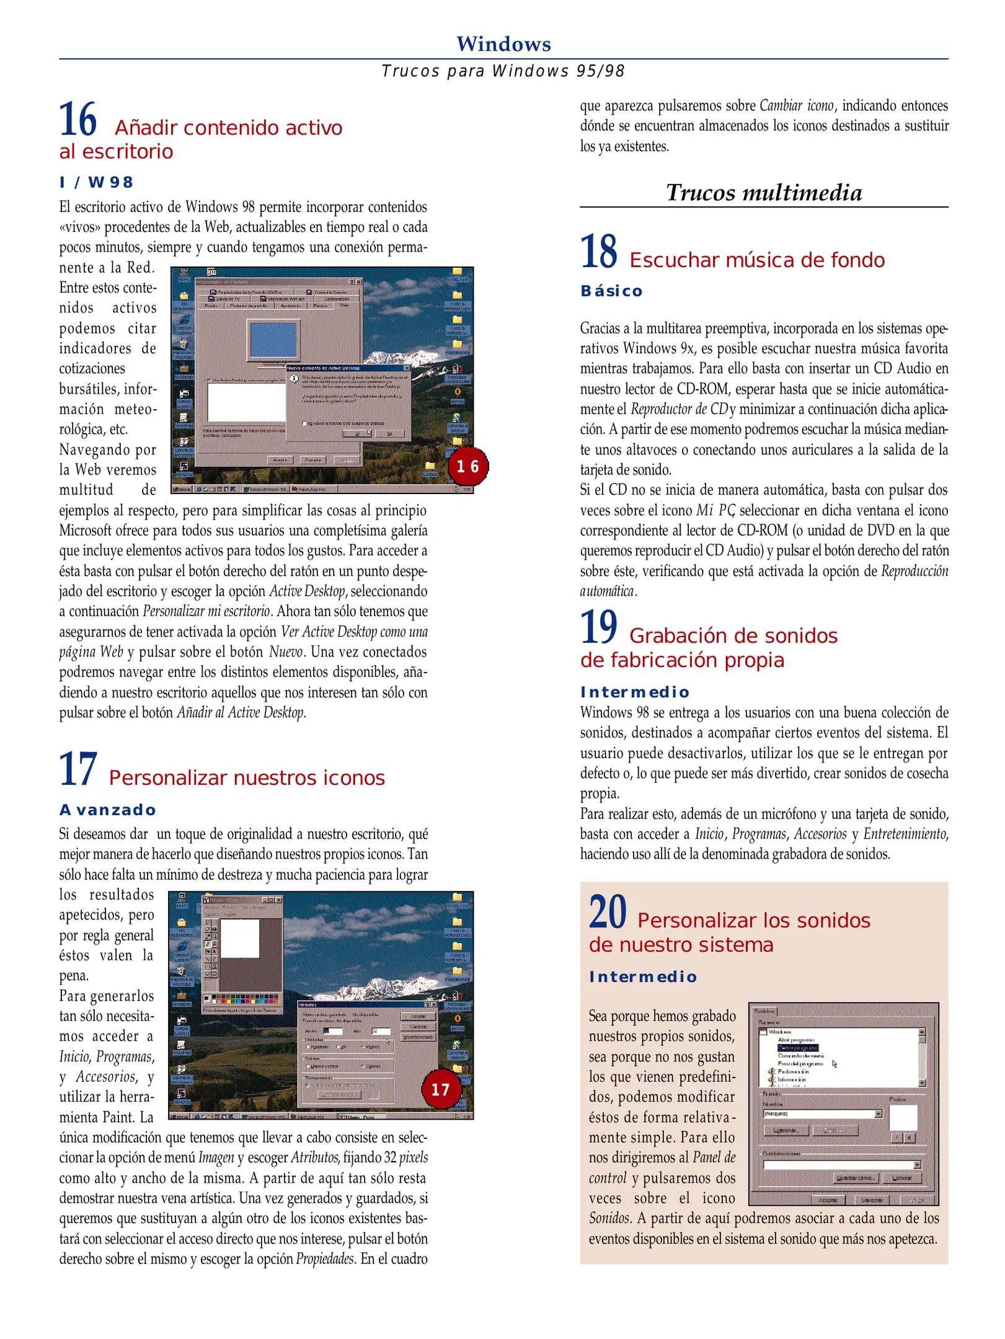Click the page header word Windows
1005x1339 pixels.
coord(503,44)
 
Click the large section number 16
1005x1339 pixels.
coord(78,120)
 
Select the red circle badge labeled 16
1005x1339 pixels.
coord(467,466)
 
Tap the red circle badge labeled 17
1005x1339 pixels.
coord(440,1089)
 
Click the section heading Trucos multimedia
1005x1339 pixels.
coord(763,193)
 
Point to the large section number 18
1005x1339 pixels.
coord(598,252)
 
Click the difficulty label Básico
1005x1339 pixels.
coord(611,291)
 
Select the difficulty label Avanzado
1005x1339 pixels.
coord(107,810)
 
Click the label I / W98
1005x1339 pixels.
coord(96,182)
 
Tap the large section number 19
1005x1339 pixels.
coord(598,627)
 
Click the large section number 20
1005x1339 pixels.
coord(608,913)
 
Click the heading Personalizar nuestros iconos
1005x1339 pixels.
coord(247,778)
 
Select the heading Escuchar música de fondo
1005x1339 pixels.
coord(757,260)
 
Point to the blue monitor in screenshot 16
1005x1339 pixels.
coord(273,340)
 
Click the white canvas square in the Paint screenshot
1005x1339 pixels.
coord(240,939)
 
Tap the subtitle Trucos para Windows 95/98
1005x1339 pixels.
coord(503,71)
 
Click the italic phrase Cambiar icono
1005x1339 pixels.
coord(797,106)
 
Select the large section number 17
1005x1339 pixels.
coord(78,770)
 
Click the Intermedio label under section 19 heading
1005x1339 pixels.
coord(635,692)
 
